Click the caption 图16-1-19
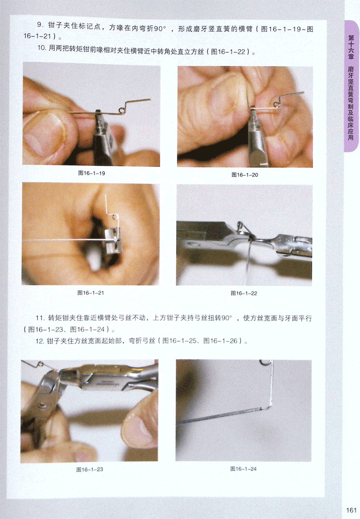pos(91,173)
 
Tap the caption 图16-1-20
pos(245,175)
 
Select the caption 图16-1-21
pos(91,293)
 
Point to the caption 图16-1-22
pos(244,293)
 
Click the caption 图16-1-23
pos(90,469)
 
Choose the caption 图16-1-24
pos(243,468)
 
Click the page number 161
pos(351,510)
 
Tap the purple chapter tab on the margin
pos(351,86)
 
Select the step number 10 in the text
pos(41,48)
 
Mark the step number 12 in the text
pos(40,341)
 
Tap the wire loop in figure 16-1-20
pos(276,104)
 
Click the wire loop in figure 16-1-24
pos(264,362)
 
